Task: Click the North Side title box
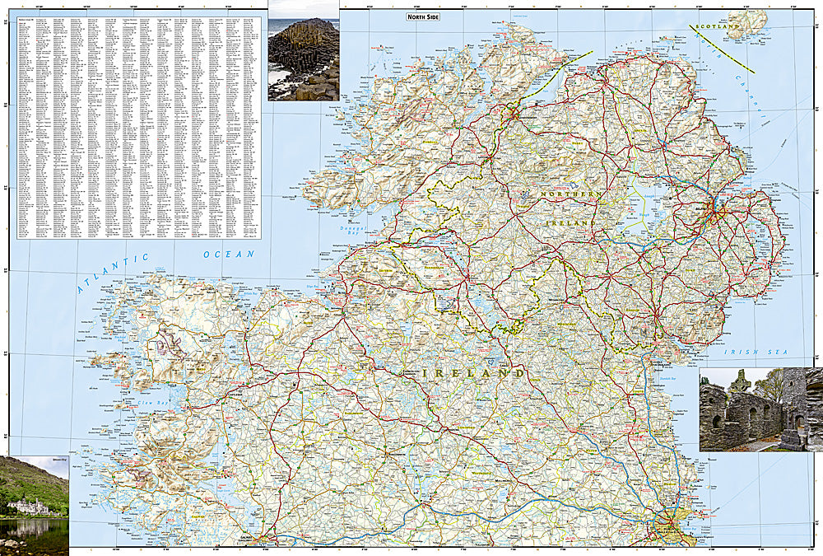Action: coord(428,16)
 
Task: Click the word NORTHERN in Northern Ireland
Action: coord(571,194)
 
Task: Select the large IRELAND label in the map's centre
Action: coord(474,373)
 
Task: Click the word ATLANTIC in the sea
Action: coord(114,273)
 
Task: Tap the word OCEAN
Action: coord(230,255)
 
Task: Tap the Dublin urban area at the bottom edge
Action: coord(671,527)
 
